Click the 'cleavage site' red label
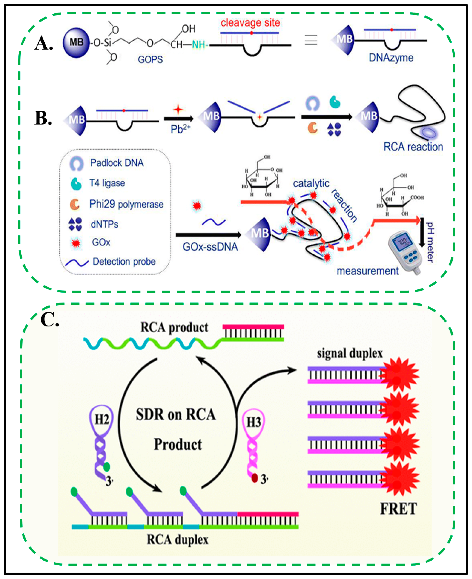[250, 23]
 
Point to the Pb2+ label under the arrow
[180, 129]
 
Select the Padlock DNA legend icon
[76, 163]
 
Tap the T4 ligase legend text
[107, 183]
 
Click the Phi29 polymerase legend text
[126, 204]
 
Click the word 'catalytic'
[311, 183]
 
